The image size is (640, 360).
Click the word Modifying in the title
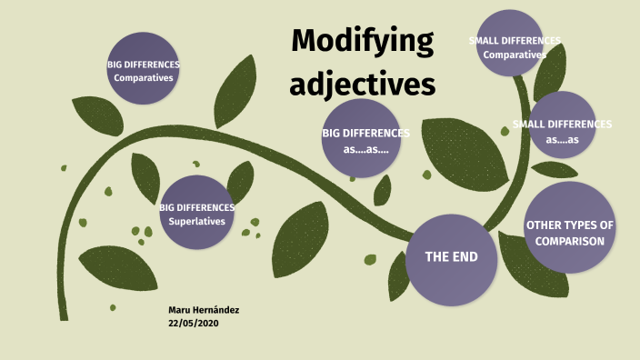tap(362, 43)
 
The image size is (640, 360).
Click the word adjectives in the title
tap(363, 85)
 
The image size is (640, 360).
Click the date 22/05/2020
tap(193, 323)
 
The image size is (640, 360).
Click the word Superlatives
tap(195, 220)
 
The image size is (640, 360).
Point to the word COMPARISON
tap(570, 241)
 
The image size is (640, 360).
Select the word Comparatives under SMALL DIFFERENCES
tap(515, 55)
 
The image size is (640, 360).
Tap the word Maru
tap(180, 310)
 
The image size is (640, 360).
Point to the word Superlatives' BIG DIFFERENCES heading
tap(196, 207)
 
